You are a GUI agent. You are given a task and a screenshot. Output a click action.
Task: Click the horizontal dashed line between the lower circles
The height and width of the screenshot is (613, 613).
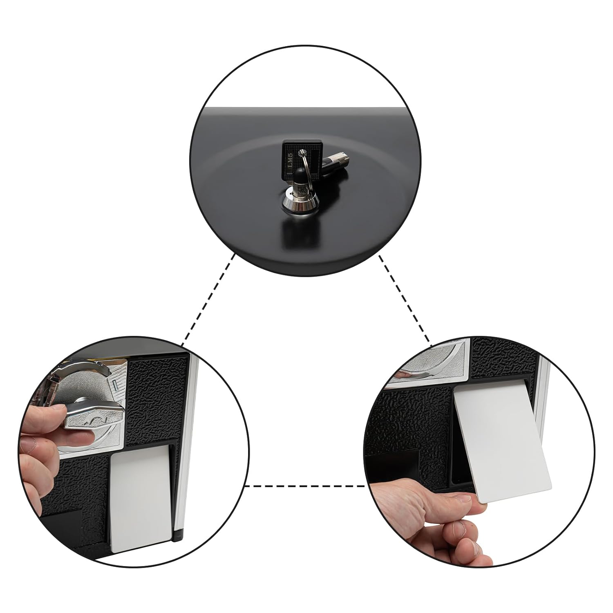point(305,486)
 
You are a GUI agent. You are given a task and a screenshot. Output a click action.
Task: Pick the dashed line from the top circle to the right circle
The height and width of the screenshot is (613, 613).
point(405,298)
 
